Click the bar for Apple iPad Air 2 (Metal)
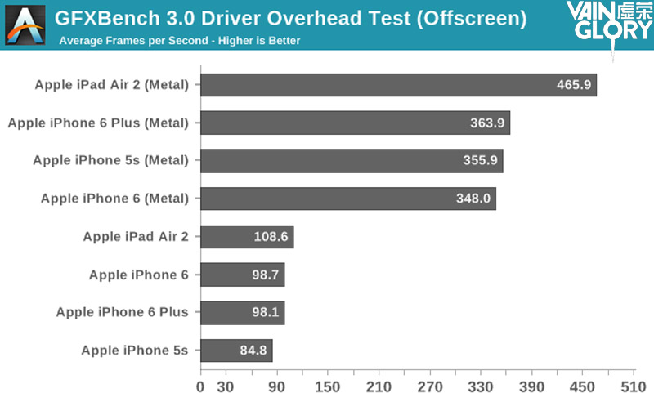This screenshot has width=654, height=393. pos(398,85)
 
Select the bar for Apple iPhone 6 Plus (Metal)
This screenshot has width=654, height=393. pos(355,123)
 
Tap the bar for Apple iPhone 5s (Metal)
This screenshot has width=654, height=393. pos(352,161)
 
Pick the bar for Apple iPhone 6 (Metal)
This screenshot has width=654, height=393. pos(348,199)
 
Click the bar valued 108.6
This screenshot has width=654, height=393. pos(247,237)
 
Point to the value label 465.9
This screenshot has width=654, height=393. pos(574,85)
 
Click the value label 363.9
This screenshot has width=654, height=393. pos(487,123)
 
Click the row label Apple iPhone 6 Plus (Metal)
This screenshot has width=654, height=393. pos(98,123)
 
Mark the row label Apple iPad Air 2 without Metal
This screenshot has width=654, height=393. pos(136,237)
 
